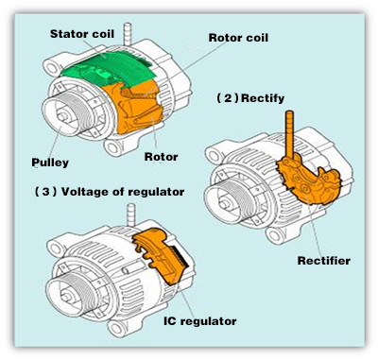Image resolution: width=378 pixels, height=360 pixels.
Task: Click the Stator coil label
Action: (x=82, y=34)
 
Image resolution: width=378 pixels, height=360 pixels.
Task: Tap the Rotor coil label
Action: (x=238, y=38)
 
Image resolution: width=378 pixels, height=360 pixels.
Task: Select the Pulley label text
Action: (x=50, y=163)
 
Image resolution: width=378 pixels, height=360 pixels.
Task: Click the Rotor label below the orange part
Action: (x=161, y=157)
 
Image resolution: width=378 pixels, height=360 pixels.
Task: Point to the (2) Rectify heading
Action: (x=250, y=98)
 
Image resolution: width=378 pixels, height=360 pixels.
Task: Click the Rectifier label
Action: (x=324, y=261)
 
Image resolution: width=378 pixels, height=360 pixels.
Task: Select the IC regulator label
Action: (x=200, y=321)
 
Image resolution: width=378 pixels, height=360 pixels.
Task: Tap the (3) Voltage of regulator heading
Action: (x=110, y=192)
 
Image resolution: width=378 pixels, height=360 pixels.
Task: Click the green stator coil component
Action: (x=109, y=69)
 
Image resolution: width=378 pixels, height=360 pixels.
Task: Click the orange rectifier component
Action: (x=310, y=182)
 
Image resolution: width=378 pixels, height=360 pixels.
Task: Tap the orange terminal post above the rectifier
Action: (x=289, y=135)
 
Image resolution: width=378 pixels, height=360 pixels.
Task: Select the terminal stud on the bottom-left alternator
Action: (x=131, y=215)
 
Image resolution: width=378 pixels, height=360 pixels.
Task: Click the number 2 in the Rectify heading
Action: (x=228, y=98)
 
